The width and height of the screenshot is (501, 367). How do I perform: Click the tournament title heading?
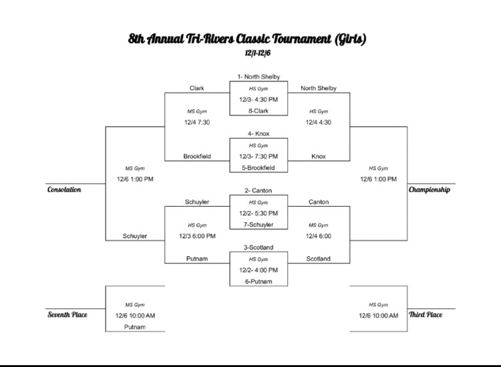(247, 39)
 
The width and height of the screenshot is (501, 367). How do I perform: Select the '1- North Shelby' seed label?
(258, 77)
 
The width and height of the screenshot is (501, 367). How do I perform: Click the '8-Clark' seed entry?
(258, 111)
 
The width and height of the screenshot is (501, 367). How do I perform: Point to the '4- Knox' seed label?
(258, 134)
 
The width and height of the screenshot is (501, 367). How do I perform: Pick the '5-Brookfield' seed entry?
(258, 167)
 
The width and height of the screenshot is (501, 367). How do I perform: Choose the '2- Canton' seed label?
(258, 191)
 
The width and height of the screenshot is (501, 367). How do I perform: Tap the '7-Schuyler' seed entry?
(258, 225)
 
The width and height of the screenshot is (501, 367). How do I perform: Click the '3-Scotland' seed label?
(258, 248)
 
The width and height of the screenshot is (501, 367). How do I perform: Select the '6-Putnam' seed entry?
(258, 282)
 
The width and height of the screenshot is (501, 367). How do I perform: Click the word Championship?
(429, 190)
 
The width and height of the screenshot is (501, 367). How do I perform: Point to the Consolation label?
(64, 190)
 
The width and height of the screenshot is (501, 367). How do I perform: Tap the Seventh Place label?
(67, 314)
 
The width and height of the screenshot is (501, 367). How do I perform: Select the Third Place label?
(425, 314)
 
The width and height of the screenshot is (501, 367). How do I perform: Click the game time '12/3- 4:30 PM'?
(258, 99)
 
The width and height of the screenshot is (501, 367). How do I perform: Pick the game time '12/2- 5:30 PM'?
(258, 214)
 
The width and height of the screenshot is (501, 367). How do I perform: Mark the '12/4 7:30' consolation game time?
(197, 122)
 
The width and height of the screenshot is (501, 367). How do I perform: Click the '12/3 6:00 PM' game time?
(197, 236)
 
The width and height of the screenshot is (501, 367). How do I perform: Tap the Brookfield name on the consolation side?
(197, 156)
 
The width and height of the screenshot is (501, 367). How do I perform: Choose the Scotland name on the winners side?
(318, 259)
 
